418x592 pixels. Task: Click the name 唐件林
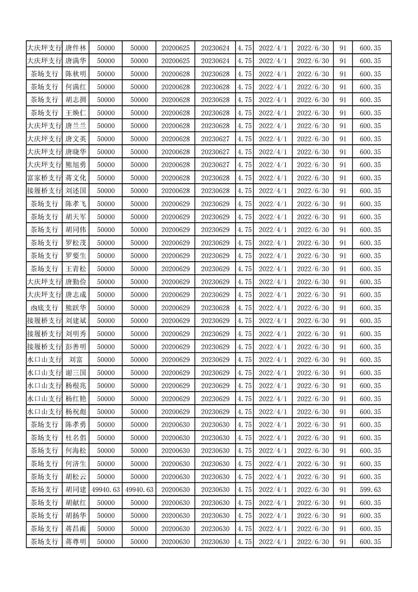(76, 48)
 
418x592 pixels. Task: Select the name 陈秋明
(76, 74)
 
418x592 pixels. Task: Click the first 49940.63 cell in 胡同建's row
(105, 490)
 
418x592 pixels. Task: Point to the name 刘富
(76, 360)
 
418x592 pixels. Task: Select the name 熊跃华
(76, 308)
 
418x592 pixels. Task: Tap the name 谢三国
(76, 373)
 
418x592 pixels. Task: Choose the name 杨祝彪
(76, 412)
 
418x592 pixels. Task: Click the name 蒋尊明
(76, 541)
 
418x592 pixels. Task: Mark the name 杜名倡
(76, 438)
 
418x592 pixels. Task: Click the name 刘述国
(76, 191)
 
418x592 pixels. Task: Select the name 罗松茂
(76, 243)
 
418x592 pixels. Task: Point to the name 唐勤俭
(76, 282)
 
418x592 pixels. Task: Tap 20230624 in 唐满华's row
(215, 61)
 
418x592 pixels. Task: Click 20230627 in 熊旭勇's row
(215, 165)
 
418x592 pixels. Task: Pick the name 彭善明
(76, 347)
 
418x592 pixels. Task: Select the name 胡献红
(76, 503)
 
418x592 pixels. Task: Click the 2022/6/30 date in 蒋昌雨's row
(313, 529)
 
